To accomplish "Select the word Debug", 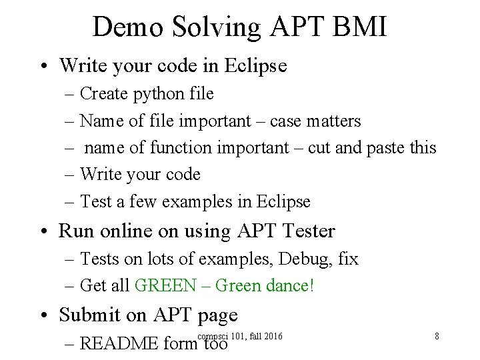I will [291, 259].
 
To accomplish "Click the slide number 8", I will [437, 336].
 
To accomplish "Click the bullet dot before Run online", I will [45, 231].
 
